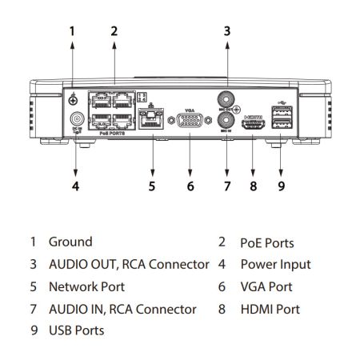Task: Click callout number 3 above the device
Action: point(226,32)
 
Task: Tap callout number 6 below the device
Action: point(190,187)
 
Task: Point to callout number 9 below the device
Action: point(281,187)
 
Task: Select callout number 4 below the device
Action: point(74,187)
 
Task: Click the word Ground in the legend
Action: point(70,242)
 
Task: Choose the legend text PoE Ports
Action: point(266,242)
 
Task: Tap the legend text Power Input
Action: point(275,264)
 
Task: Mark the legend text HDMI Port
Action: point(269,308)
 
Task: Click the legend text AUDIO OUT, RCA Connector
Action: point(129,264)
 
